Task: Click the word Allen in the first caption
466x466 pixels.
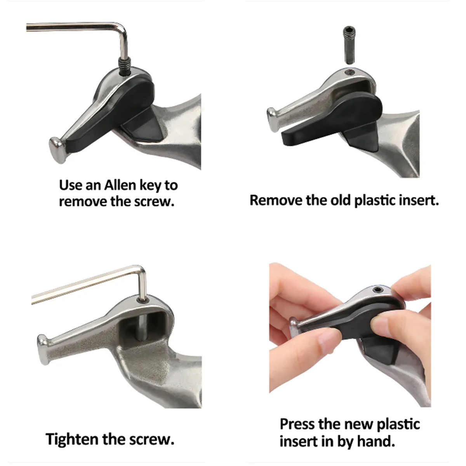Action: pos(120,185)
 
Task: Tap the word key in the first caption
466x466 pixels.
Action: pos(150,186)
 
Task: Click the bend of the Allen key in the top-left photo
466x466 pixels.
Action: pos(122,27)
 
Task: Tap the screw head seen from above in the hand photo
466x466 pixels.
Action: pos(377,289)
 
